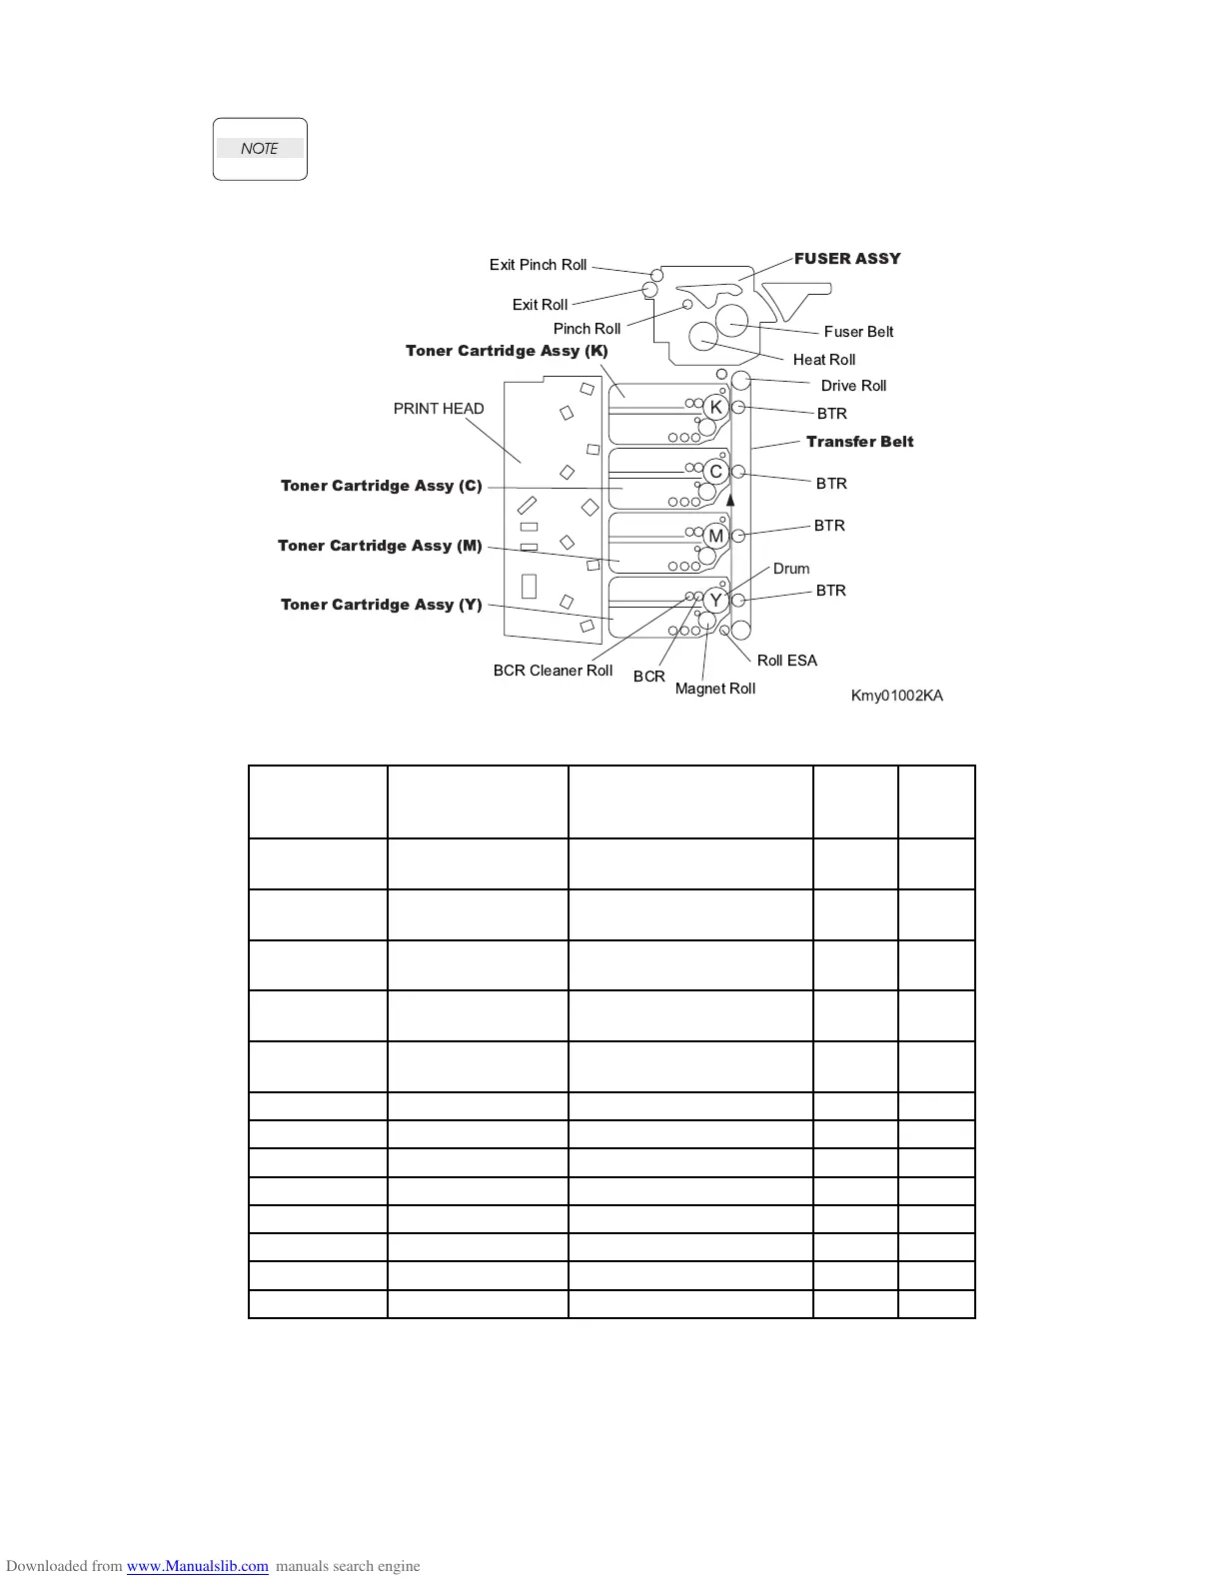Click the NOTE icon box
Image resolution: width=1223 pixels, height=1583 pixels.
(260, 149)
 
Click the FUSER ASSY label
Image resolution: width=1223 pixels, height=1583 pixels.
(847, 259)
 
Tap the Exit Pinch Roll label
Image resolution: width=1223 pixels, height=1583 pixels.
(538, 265)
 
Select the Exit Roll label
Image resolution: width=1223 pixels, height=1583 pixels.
(540, 305)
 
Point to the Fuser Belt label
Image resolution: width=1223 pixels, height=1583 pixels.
(858, 332)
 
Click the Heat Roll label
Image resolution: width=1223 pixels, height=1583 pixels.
(824, 360)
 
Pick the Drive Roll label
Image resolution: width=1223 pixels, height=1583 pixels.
(853, 386)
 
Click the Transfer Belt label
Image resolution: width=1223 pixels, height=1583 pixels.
(859, 442)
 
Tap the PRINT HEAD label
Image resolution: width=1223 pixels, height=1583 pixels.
(439, 409)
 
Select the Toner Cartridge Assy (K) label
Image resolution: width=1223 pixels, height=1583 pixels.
(507, 351)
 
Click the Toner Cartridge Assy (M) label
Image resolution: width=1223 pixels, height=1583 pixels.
(380, 546)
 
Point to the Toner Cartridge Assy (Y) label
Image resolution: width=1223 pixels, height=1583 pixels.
(381, 605)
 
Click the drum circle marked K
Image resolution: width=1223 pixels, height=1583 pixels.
(715, 407)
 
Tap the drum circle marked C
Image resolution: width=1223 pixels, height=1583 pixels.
(715, 472)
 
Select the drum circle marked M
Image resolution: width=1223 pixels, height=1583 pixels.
(715, 536)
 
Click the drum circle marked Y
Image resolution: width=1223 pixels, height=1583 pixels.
(715, 601)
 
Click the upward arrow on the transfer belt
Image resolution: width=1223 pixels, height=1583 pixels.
(730, 499)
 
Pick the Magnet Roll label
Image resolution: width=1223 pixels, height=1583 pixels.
(715, 689)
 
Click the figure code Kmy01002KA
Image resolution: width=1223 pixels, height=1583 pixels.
(896, 696)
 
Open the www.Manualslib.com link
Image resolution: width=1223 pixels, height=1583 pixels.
(197, 1566)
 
